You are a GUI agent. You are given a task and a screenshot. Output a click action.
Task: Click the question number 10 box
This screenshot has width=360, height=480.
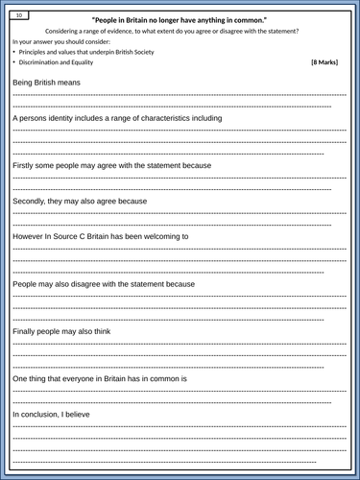[x=21, y=15]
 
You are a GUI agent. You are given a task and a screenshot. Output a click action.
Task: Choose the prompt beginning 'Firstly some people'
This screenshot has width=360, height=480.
[x=111, y=165]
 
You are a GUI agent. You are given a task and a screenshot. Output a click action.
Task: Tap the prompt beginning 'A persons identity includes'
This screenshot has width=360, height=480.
[x=117, y=118]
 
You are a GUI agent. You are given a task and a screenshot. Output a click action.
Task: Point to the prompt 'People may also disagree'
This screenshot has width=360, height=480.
[x=104, y=284]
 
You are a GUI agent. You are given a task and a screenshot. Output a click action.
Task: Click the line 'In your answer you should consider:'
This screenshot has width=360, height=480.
[x=61, y=41]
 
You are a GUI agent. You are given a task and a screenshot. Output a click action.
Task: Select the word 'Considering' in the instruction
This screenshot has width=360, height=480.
[x=63, y=31]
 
